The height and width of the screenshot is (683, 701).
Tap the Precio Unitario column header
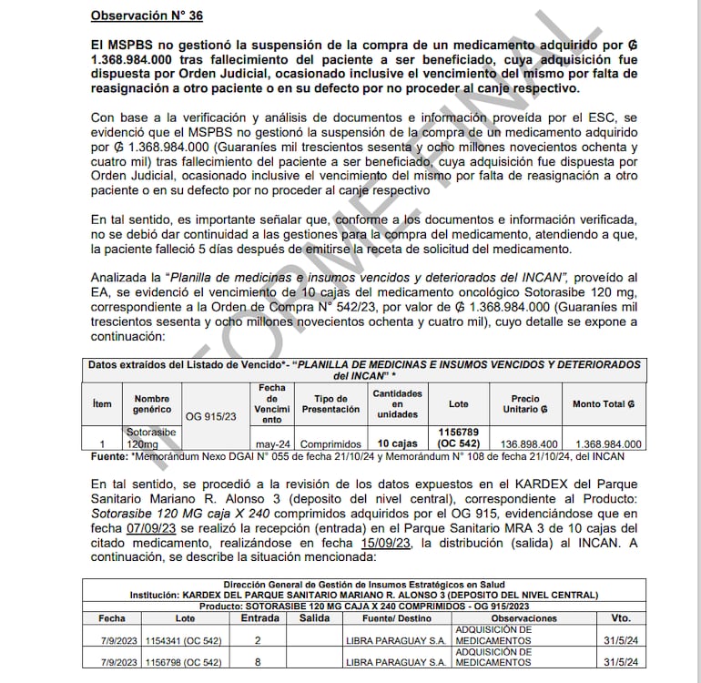[524, 403]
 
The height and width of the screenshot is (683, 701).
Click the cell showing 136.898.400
[524, 443]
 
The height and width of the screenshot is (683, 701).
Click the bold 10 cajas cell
[397, 443]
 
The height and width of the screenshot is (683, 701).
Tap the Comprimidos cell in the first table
[325, 443]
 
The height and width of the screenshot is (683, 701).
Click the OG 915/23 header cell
[211, 417]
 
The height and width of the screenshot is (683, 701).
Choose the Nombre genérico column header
[152, 403]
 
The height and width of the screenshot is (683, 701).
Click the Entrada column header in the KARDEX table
[259, 618]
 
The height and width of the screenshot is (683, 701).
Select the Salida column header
[314, 618]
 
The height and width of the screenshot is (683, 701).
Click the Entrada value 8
[259, 662]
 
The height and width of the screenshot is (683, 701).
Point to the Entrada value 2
[259, 640]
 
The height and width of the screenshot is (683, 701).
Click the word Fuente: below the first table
[109, 455]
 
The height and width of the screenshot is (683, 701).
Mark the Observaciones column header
[523, 618]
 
